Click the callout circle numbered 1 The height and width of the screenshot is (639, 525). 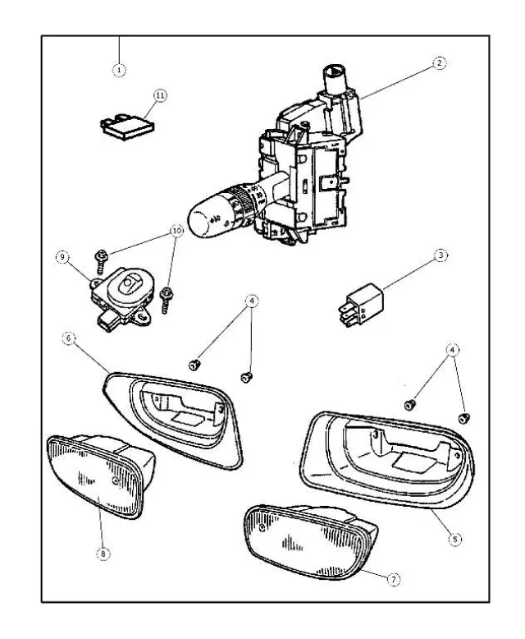120,70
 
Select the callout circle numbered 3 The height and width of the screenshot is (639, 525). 440,255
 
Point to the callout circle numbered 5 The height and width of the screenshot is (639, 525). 456,540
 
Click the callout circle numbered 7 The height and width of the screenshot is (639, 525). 393,579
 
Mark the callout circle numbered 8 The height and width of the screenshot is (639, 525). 103,554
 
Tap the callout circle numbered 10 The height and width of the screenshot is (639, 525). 175,231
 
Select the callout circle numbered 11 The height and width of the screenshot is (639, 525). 159,96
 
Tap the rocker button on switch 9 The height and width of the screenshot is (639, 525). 131,285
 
